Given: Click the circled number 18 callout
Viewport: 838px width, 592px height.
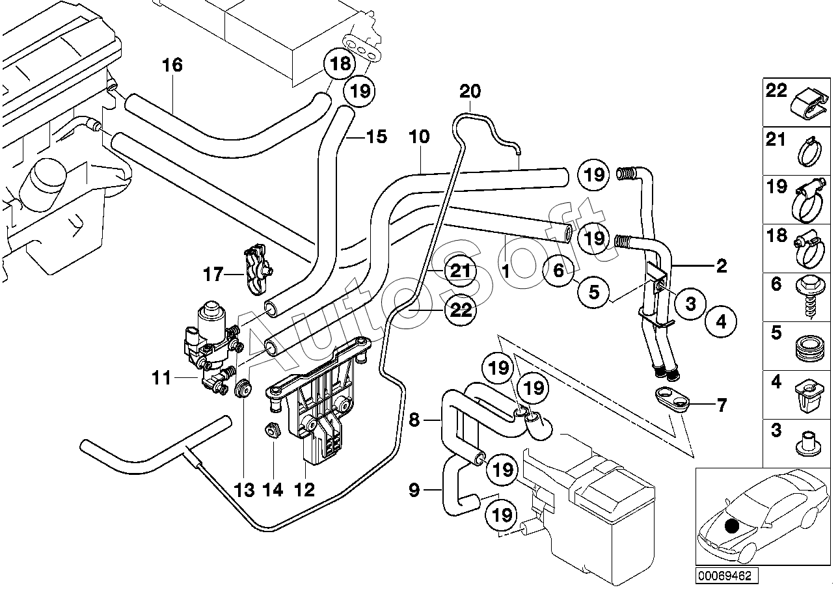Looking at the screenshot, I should (x=340, y=63).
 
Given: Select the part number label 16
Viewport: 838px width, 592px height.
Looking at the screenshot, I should (x=172, y=65).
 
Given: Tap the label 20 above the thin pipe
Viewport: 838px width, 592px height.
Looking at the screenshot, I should (x=470, y=92).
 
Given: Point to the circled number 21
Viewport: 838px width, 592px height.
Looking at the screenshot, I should (x=460, y=271).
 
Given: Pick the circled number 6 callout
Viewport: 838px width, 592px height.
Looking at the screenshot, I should (x=559, y=271).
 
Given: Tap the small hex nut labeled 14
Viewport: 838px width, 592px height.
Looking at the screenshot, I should (x=273, y=431).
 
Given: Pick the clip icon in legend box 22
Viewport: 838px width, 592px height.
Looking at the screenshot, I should (x=807, y=105).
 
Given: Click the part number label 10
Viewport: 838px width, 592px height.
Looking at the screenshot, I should (x=420, y=137).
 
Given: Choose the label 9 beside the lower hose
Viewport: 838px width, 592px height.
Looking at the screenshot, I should (x=414, y=489).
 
